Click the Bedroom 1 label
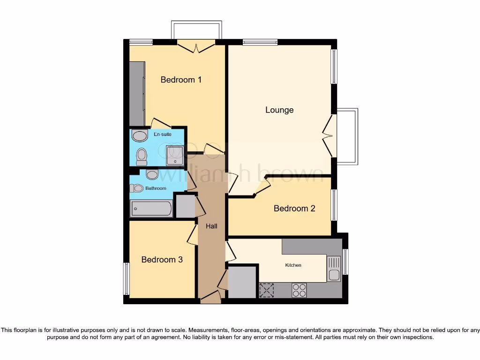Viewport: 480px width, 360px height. click(181, 80)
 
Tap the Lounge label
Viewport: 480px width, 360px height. click(279, 110)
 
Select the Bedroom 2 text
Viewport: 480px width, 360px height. click(294, 208)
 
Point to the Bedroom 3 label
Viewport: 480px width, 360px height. click(162, 259)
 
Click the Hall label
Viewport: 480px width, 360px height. click(211, 226)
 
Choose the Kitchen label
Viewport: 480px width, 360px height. click(293, 265)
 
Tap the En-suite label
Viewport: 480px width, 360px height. click(163, 135)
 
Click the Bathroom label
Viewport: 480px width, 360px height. click(156, 188)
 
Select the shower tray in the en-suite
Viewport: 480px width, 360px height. click(175, 155)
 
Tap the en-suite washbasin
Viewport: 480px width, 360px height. click(139, 136)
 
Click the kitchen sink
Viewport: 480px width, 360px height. click(334, 275)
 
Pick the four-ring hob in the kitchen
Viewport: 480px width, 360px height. click(299, 290)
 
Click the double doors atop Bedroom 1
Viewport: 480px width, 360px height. click(196, 46)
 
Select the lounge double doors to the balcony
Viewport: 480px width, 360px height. click(331, 136)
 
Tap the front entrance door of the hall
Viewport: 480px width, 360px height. click(210, 297)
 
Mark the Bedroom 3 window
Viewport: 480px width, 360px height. click(126, 278)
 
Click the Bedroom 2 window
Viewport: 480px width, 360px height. click(334, 205)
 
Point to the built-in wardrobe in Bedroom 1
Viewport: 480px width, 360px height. click(137, 93)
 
